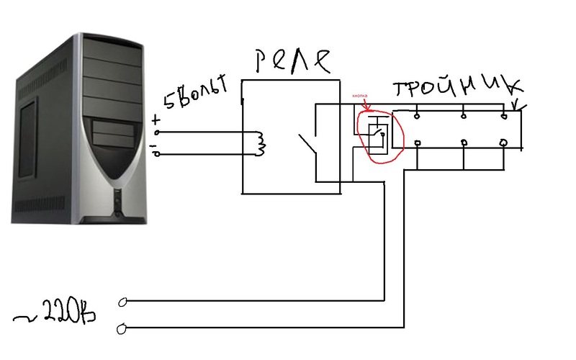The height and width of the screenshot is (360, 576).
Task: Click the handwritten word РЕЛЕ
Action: [x=294, y=60]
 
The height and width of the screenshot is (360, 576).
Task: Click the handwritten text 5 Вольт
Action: [x=194, y=94]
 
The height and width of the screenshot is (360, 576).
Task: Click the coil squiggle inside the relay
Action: [x=259, y=143]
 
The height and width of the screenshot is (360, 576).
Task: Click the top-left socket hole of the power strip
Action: [x=417, y=113]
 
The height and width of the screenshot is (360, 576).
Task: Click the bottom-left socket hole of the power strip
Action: [x=417, y=144]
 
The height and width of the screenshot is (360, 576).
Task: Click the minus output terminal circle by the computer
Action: [x=158, y=153]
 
